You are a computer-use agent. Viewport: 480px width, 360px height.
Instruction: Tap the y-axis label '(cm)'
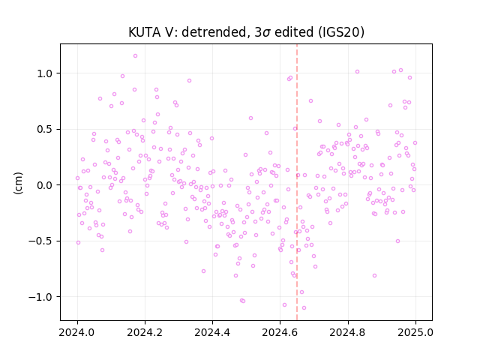(18, 183)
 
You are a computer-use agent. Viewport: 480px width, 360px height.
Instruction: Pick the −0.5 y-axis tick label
(40, 241)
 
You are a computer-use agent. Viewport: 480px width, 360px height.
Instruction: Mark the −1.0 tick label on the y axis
(40, 297)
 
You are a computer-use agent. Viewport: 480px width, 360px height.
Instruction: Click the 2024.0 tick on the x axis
(77, 332)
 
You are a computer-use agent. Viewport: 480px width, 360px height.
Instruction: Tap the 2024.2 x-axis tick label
(145, 332)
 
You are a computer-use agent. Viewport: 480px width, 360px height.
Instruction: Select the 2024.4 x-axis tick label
(212, 332)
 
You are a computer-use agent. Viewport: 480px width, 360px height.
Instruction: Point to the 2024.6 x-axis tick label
(280, 332)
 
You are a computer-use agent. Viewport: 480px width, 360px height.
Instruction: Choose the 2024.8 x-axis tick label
(348, 332)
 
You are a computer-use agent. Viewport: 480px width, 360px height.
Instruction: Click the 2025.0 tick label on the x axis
(415, 332)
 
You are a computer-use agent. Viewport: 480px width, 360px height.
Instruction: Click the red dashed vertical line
(297, 182)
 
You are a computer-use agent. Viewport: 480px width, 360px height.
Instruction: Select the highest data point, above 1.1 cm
(135, 56)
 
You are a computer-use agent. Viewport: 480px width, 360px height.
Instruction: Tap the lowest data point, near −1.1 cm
(304, 308)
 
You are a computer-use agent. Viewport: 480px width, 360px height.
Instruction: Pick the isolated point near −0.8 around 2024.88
(374, 276)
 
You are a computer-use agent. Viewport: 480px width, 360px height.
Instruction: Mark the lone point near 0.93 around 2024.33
(190, 81)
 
